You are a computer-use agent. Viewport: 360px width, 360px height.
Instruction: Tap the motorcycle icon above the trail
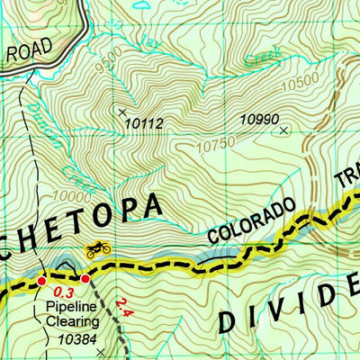pyautogui.click(x=97, y=248)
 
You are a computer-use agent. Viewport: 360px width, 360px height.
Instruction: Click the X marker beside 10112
pyautogui.click(x=122, y=112)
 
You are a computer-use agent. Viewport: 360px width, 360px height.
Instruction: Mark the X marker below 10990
pyautogui.click(x=284, y=130)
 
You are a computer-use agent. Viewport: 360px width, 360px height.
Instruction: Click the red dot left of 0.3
pyautogui.click(x=41, y=282)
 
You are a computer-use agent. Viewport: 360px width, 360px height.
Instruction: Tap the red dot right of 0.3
pyautogui.click(x=85, y=279)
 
